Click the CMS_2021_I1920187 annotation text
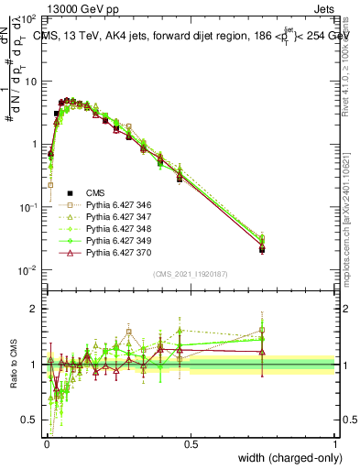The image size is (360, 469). click(191, 274)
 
